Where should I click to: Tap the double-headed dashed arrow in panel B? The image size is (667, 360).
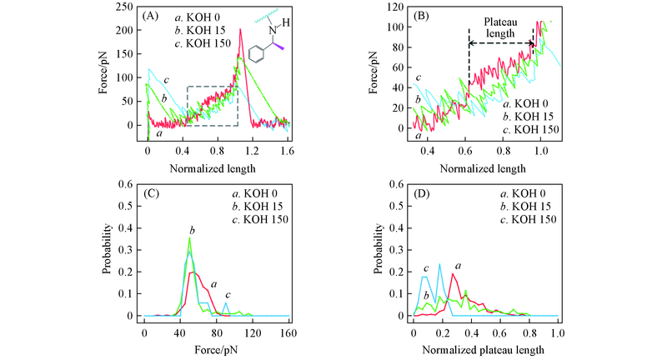(501, 43)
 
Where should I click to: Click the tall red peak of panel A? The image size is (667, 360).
(240, 32)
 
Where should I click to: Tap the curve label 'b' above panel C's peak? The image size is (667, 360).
(192, 229)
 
